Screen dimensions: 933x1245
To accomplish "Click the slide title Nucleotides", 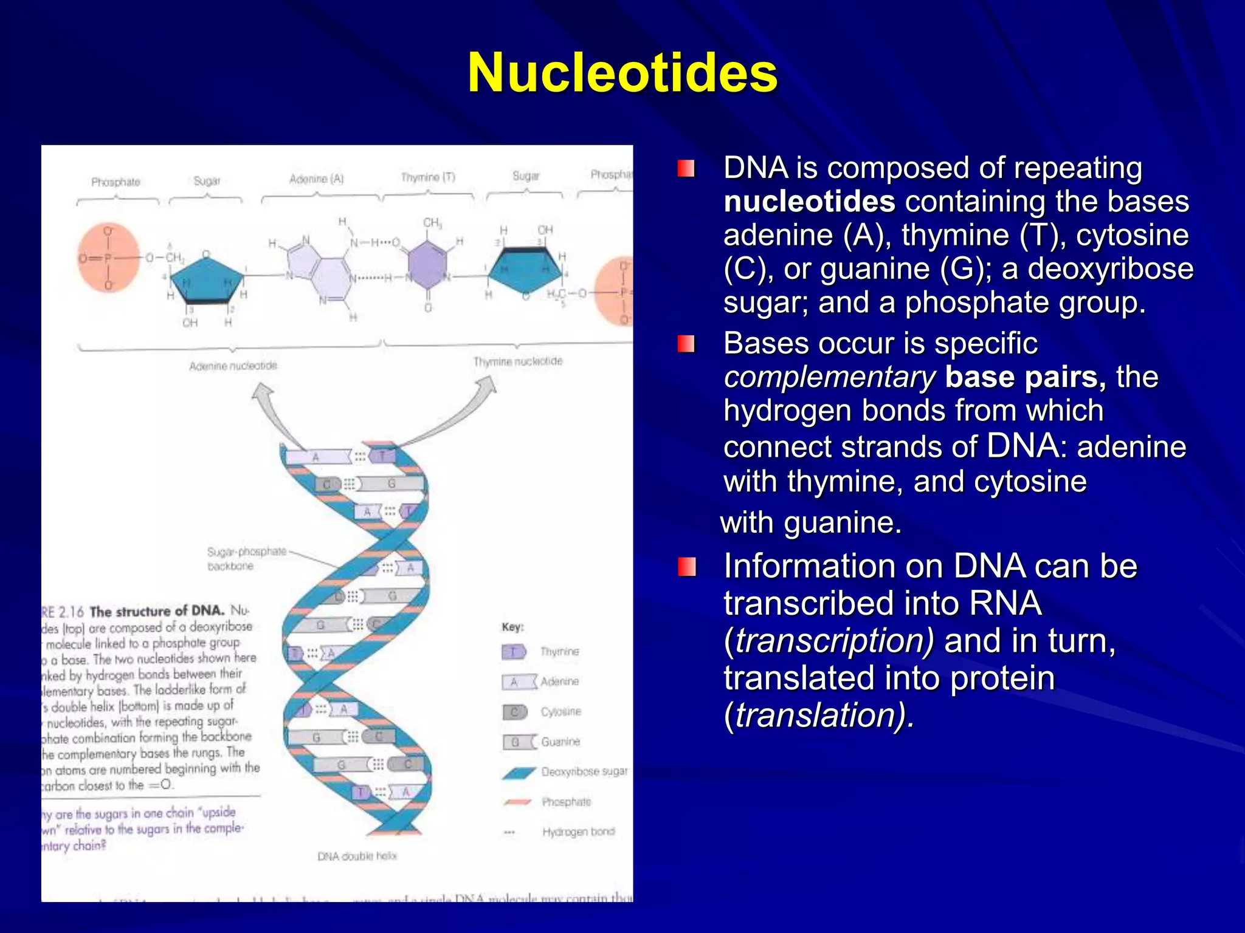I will click(x=622, y=73).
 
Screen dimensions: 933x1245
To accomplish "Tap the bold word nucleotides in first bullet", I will click(x=809, y=202).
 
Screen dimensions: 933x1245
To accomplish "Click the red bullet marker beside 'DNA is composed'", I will click(x=686, y=168).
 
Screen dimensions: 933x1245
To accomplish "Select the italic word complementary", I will click(x=829, y=377).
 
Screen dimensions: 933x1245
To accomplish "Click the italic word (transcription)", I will click(x=829, y=641).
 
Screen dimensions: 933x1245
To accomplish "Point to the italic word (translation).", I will click(x=819, y=715).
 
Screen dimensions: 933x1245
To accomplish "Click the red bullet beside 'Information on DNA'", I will click(x=686, y=567).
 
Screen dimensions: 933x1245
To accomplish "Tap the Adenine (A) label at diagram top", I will click(x=316, y=179).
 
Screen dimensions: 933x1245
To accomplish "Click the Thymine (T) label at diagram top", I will click(x=428, y=177).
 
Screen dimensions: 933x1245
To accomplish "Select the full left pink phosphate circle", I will click(x=108, y=258).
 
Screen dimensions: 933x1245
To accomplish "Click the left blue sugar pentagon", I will click(x=207, y=279).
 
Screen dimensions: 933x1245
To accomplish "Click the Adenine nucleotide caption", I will click(x=233, y=366).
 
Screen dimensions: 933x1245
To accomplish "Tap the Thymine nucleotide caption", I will click(x=518, y=361).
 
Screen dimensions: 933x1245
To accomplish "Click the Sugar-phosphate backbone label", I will click(x=246, y=559).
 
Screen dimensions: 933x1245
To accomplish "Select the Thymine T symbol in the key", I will click(x=514, y=652).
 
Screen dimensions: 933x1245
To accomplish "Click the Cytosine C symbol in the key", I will click(x=514, y=712).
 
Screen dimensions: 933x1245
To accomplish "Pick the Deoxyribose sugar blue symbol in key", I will click(x=519, y=772).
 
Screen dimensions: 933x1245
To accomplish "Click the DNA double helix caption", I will click(x=357, y=856).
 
